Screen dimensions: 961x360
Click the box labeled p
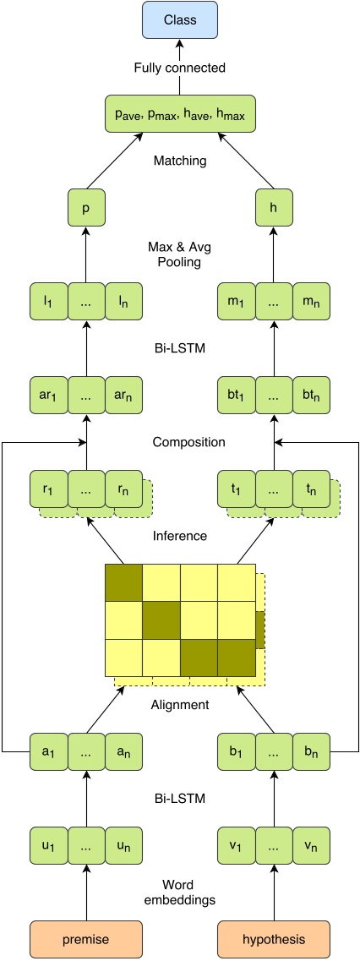pyautogui.click(x=85, y=207)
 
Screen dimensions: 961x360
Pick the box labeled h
pyautogui.click(x=273, y=207)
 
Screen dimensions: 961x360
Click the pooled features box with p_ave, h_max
pyautogui.click(x=179, y=113)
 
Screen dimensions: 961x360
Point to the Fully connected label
pyautogui.click(x=179, y=68)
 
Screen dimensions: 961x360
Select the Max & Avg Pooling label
pyautogui.click(x=179, y=255)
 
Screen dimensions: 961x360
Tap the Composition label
pyautogui.click(x=179, y=441)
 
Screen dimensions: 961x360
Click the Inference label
pyautogui.click(x=179, y=535)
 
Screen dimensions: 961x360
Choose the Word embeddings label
pyautogui.click(x=179, y=893)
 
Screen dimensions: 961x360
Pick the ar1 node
pyautogui.click(x=48, y=395)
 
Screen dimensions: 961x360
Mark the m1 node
pyautogui.click(x=236, y=303)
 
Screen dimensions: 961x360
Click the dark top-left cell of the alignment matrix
pyautogui.click(x=123, y=582)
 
